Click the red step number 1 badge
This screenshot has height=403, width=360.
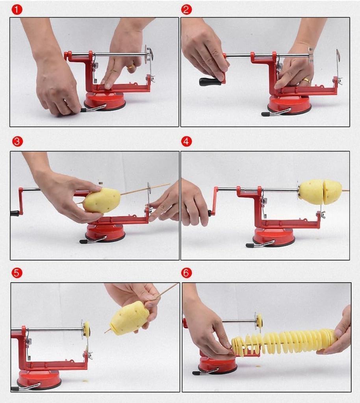tap(17, 9)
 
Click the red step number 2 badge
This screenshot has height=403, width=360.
tap(186, 9)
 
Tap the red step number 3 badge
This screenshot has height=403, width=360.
tap(17, 141)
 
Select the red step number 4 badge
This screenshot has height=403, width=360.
tap(186, 141)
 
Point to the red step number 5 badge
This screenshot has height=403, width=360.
tap(17, 273)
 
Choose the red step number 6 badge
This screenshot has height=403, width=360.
tap(186, 273)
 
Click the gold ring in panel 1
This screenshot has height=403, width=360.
tap(131, 66)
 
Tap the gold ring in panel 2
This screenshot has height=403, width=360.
tap(306, 81)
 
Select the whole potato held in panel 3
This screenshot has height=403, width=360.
tap(102, 200)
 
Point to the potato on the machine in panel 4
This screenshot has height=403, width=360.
tap(320, 192)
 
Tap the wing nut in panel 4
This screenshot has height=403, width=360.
tap(322, 214)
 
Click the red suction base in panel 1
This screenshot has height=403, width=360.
tap(105, 102)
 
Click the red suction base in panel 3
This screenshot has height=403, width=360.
tap(105, 232)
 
